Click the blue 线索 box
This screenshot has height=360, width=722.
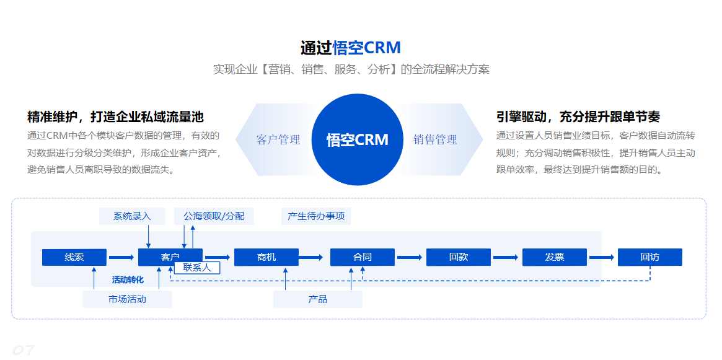coord(74,257)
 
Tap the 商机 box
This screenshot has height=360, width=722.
coord(266,257)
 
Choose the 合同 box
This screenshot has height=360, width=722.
coord(363,257)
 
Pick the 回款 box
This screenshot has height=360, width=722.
coord(458,257)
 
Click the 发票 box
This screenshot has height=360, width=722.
coord(555,257)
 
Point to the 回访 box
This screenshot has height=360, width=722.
coord(649,257)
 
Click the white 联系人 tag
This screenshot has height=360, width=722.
coord(197,268)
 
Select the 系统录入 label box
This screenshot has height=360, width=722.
coord(132,216)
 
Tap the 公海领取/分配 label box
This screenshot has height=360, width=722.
coord(214,216)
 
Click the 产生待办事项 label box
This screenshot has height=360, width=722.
coord(316,216)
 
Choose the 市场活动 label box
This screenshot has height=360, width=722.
coord(127,299)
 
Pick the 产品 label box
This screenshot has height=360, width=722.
coord(318,299)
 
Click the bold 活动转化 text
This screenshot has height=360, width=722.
coord(128,279)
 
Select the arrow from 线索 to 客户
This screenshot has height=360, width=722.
coord(121,257)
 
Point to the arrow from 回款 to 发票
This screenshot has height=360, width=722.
coord(506,257)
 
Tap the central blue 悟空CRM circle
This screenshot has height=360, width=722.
coord(358,139)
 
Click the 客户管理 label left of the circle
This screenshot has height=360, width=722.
coord(278,139)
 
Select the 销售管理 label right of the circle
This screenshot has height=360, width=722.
coord(435,139)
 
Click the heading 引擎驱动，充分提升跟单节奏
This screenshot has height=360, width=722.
coord(578,116)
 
